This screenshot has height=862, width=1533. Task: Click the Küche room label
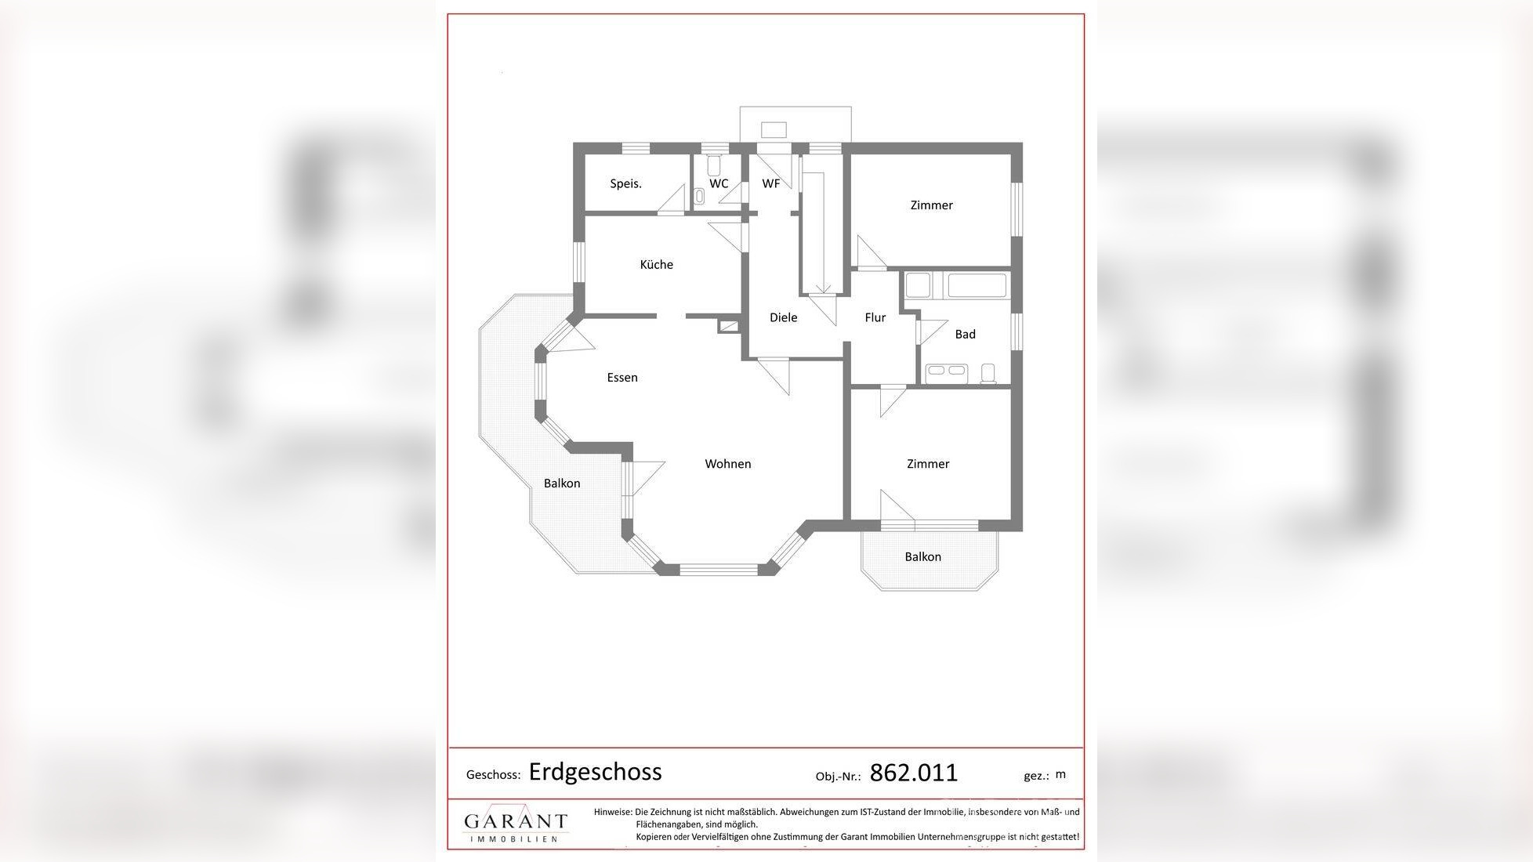(x=656, y=265)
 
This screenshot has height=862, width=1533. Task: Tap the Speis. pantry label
(x=625, y=184)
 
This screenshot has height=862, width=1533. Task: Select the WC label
(x=718, y=184)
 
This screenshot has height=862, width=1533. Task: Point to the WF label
(x=770, y=184)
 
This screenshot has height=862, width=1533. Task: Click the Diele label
(x=783, y=317)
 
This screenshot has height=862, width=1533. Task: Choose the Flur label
(x=875, y=317)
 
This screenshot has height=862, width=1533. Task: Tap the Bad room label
(x=965, y=335)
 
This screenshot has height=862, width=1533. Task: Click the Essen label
(x=622, y=378)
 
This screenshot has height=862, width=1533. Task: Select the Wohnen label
(x=727, y=464)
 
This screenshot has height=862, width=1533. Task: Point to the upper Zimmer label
(x=931, y=205)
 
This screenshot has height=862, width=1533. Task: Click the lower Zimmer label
(x=928, y=464)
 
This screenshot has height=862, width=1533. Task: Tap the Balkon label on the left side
(x=562, y=484)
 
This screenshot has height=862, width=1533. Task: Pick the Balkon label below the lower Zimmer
(x=922, y=557)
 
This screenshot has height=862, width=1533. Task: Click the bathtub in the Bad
(x=977, y=285)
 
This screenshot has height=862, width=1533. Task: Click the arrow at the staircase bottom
(x=822, y=288)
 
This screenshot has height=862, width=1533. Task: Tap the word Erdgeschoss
(x=595, y=772)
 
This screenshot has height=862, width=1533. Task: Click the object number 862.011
(x=913, y=773)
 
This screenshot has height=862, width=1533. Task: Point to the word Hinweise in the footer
(x=612, y=813)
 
